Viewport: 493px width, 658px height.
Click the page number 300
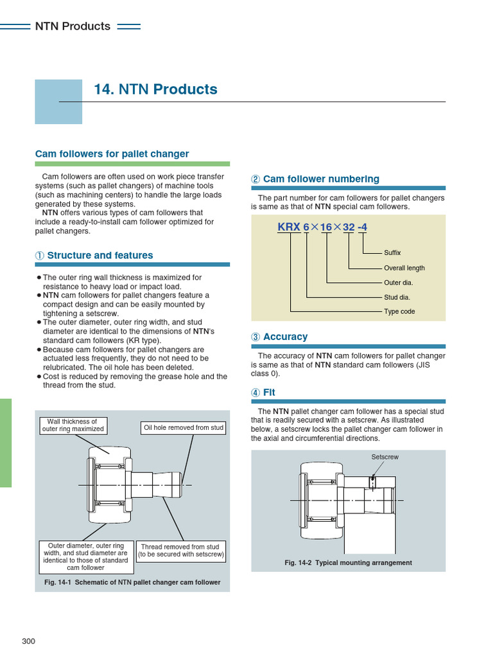28,641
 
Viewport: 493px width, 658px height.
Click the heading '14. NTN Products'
155,89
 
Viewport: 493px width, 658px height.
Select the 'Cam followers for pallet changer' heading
112,154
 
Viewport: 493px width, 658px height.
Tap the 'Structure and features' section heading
99,256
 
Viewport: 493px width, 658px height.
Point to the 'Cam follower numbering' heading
320,179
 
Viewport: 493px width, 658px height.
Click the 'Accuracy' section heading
285,337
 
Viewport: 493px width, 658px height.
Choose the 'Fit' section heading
269,392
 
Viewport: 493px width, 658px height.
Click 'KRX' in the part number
289,227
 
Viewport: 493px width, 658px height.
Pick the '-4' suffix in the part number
363,227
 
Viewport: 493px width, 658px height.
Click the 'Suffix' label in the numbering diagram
392,253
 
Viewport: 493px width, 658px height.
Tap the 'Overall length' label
404,268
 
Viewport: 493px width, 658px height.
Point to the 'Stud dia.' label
397,298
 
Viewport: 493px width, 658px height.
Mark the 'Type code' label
399,312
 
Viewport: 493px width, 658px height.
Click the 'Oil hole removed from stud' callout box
184,428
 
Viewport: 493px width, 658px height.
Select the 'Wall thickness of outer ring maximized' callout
73,425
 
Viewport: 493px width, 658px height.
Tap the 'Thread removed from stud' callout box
181,551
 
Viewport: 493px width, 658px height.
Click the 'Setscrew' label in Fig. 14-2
385,457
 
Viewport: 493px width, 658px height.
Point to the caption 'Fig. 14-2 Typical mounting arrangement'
348,563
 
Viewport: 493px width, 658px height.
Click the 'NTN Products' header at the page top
73,26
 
